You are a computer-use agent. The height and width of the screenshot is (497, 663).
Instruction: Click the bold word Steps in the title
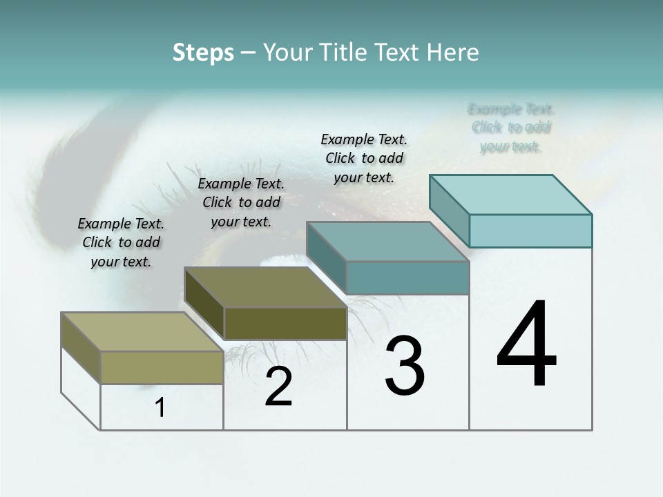(x=203, y=52)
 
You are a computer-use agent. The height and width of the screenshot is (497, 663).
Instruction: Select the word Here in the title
(x=453, y=52)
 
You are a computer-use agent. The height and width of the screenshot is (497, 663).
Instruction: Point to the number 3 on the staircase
(x=405, y=366)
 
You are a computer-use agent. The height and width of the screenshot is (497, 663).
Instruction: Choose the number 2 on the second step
(x=278, y=387)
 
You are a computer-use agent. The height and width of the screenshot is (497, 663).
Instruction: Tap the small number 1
(x=160, y=408)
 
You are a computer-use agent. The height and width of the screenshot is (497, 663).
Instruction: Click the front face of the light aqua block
(x=530, y=231)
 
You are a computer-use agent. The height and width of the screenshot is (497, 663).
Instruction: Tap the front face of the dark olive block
(x=285, y=323)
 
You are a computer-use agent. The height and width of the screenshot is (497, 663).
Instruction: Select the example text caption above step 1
(x=121, y=242)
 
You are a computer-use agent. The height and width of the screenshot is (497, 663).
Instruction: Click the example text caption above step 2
(x=241, y=202)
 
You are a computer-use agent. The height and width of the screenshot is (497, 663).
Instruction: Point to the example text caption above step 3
(x=364, y=158)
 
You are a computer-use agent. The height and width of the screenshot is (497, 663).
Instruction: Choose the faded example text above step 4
(x=511, y=128)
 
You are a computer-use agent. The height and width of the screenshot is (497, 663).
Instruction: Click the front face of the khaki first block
(x=162, y=367)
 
